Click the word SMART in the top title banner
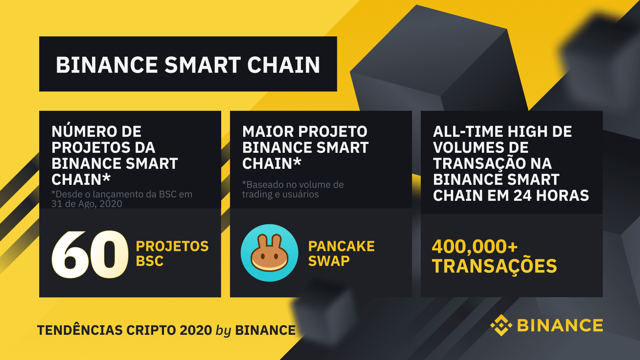[202, 65]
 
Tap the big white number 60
[90, 254]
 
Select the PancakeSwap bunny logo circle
[269, 253]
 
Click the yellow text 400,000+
[474, 246]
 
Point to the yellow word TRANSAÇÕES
[494, 266]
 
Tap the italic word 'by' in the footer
[223, 331]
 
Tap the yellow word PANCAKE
[342, 246]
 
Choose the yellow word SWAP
[329, 261]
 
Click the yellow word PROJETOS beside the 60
[172, 246]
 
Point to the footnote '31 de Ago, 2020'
[86, 204]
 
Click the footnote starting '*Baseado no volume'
[293, 190]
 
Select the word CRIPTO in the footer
[151, 330]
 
